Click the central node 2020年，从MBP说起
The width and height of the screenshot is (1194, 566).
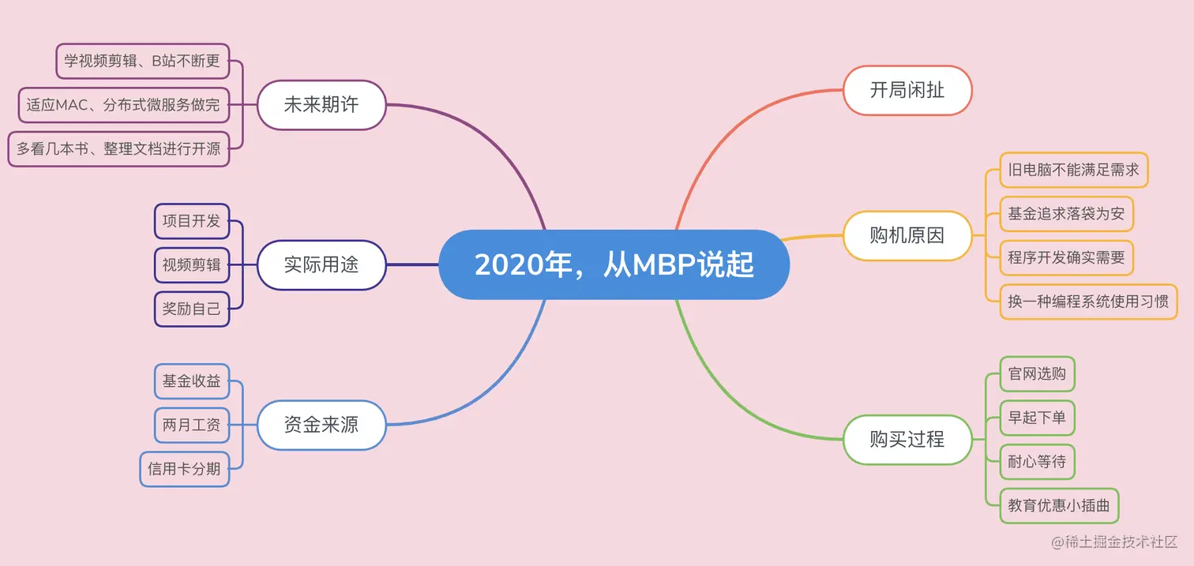(614, 265)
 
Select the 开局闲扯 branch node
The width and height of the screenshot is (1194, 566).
(907, 91)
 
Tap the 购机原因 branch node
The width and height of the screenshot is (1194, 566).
(907, 235)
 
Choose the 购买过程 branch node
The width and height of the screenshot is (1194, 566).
(907, 439)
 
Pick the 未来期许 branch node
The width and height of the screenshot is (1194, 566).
(321, 104)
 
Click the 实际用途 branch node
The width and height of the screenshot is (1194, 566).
(321, 264)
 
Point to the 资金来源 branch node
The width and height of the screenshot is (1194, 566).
(321, 425)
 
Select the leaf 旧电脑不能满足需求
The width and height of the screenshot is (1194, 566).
(1074, 170)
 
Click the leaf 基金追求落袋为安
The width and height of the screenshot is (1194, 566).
(1067, 213)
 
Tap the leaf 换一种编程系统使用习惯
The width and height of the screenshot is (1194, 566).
(1089, 302)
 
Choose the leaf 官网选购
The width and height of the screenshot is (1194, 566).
(1038, 373)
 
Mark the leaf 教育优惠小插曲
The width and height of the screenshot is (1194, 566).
(1059, 505)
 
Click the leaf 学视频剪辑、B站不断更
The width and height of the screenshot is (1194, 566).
(142, 61)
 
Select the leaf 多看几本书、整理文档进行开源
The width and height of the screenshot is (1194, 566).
(118, 148)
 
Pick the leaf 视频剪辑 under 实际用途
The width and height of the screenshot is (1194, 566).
(192, 265)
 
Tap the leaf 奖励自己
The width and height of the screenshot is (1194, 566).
(192, 309)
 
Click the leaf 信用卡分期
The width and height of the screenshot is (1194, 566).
(184, 469)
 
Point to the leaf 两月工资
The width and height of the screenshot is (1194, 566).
(192, 425)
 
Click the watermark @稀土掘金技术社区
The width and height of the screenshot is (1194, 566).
(1113, 542)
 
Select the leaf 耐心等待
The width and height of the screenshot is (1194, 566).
(1038, 462)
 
